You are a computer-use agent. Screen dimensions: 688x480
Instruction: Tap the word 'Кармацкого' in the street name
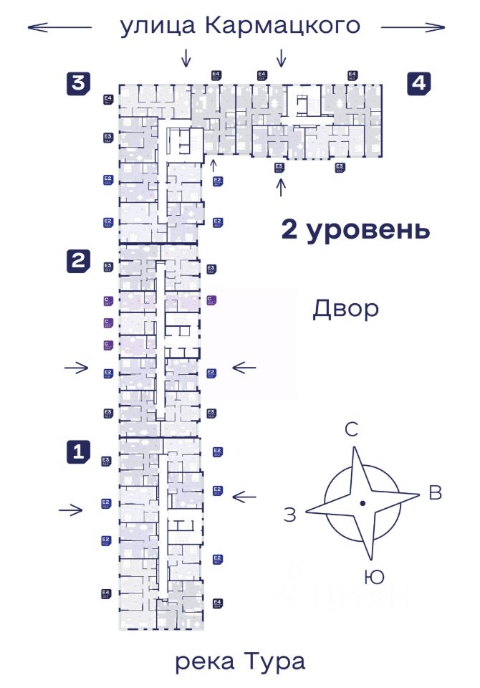click(x=282, y=26)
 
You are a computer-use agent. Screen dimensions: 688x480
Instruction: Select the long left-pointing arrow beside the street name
click(x=59, y=27)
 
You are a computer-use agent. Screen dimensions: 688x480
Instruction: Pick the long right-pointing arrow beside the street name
click(x=413, y=27)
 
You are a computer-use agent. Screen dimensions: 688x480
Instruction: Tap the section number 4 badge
click(x=418, y=83)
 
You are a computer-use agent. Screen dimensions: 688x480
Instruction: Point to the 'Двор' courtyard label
click(x=345, y=309)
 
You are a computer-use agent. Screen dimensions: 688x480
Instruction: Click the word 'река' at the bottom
click(x=202, y=661)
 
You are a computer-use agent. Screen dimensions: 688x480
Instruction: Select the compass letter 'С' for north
click(x=352, y=430)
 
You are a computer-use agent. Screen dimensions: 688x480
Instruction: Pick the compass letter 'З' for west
click(x=289, y=515)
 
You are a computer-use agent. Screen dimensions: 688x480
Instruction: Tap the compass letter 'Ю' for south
click(x=373, y=576)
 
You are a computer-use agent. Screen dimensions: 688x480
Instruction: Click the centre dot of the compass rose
click(x=363, y=504)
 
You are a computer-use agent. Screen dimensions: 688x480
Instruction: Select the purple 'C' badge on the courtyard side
click(x=211, y=300)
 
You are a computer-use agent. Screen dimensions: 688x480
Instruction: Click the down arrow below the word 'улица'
click(x=186, y=57)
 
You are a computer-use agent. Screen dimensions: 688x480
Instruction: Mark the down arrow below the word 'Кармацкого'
click(x=282, y=57)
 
